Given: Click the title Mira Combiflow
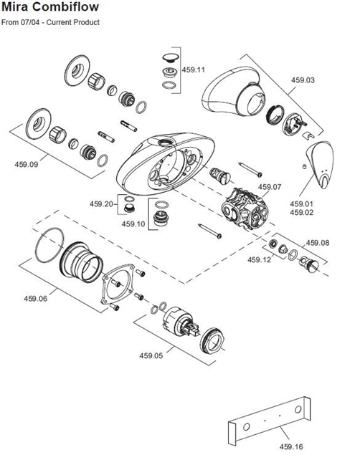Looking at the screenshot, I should (x=50, y=8).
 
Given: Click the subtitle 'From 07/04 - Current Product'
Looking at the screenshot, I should (x=50, y=23).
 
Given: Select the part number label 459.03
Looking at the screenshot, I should (x=303, y=81).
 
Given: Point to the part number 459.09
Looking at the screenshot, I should (x=27, y=164).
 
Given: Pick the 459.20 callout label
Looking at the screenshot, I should (x=102, y=203).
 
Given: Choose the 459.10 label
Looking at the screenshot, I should (x=133, y=224).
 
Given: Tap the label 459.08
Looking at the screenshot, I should (x=318, y=243).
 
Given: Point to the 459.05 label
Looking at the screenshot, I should (x=151, y=355).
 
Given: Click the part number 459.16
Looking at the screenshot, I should (x=290, y=446).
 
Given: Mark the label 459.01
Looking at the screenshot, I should (x=302, y=203).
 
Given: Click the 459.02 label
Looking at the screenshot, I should (x=302, y=212).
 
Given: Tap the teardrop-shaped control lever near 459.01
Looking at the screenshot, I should (x=321, y=164).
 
